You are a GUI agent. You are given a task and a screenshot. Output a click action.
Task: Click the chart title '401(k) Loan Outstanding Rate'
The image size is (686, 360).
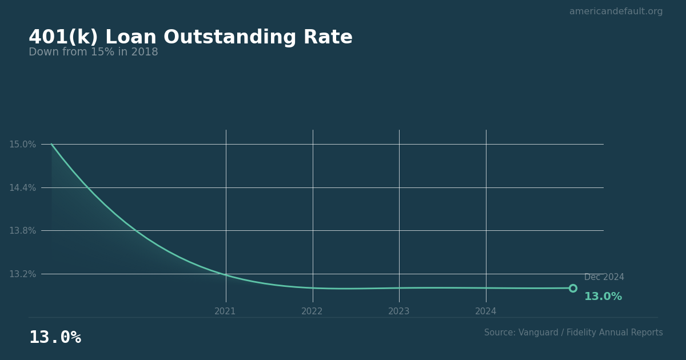pyautogui.click(x=190, y=38)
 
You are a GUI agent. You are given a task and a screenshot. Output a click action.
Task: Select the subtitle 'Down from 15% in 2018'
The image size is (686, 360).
pyautogui.click(x=93, y=53)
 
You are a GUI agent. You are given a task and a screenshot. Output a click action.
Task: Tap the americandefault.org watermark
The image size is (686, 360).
pyautogui.click(x=616, y=11)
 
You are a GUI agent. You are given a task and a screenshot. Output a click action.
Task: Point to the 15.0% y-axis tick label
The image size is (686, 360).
pyautogui.click(x=22, y=145)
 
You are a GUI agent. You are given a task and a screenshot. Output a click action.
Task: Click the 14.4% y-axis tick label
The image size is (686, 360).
pyautogui.click(x=22, y=187)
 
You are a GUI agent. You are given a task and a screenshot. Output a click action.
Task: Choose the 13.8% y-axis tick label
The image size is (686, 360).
pyautogui.click(x=22, y=231)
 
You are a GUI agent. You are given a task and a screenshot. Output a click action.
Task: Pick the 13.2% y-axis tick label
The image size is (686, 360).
pyautogui.click(x=22, y=274)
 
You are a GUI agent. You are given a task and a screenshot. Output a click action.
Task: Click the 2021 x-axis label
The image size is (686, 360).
pyautogui.click(x=225, y=311)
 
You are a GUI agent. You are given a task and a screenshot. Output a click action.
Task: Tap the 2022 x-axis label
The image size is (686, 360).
pyautogui.click(x=312, y=311)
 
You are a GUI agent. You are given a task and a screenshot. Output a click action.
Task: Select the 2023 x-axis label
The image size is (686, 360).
pyautogui.click(x=399, y=311)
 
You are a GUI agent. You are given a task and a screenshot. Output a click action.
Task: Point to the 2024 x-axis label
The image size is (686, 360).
pyautogui.click(x=486, y=311)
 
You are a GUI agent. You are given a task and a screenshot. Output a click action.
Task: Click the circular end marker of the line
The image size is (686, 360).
pyautogui.click(x=573, y=288)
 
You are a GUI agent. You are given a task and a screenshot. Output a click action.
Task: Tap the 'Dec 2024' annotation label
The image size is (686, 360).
pyautogui.click(x=604, y=277)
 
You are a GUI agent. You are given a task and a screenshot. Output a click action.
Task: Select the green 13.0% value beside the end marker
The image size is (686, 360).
pyautogui.click(x=603, y=297)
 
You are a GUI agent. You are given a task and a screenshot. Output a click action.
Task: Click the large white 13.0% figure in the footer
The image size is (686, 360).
pyautogui.click(x=55, y=338)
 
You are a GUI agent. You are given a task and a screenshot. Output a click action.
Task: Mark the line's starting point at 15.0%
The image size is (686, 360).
pyautogui.click(x=51, y=144)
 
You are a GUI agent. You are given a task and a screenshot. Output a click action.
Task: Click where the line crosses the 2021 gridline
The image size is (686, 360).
pyautogui.click(x=226, y=275)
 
